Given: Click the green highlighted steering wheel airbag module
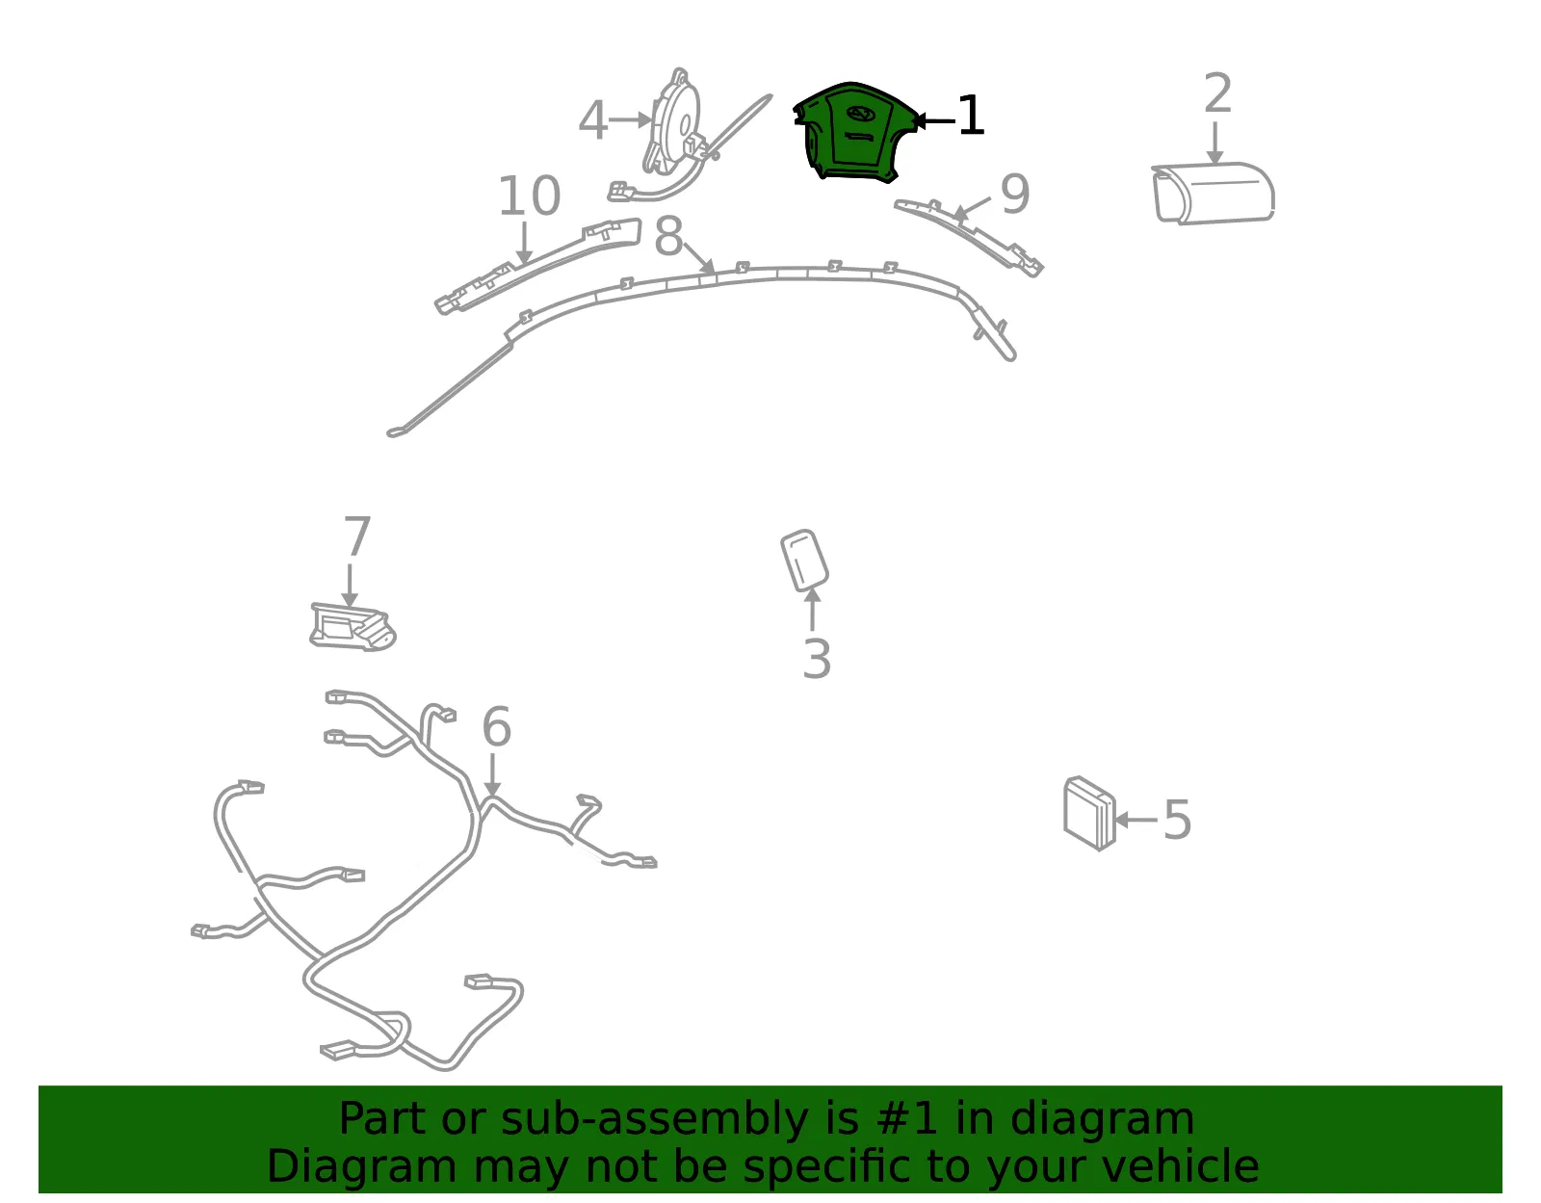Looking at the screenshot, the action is click(x=853, y=133).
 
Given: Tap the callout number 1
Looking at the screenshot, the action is click(x=971, y=116).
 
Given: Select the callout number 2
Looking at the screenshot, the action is click(x=1217, y=92).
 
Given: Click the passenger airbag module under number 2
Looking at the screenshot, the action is click(x=1213, y=193).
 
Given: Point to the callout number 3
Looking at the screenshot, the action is click(x=816, y=659).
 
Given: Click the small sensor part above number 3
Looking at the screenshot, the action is click(x=804, y=560).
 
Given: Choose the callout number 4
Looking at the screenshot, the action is click(x=593, y=119).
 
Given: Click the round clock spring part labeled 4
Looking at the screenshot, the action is click(x=673, y=121).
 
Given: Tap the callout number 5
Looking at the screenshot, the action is click(x=1177, y=820).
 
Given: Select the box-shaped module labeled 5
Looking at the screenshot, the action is click(x=1089, y=813).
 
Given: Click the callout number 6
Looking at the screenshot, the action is click(x=496, y=726).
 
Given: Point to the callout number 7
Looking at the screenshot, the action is click(x=356, y=536).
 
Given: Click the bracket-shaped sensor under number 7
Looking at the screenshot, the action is click(x=353, y=627).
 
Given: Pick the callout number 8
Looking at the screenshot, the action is click(x=668, y=237).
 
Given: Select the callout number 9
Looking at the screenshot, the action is click(x=1015, y=194).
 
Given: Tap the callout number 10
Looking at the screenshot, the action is click(x=529, y=196).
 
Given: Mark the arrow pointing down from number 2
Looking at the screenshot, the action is click(x=1215, y=144).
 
